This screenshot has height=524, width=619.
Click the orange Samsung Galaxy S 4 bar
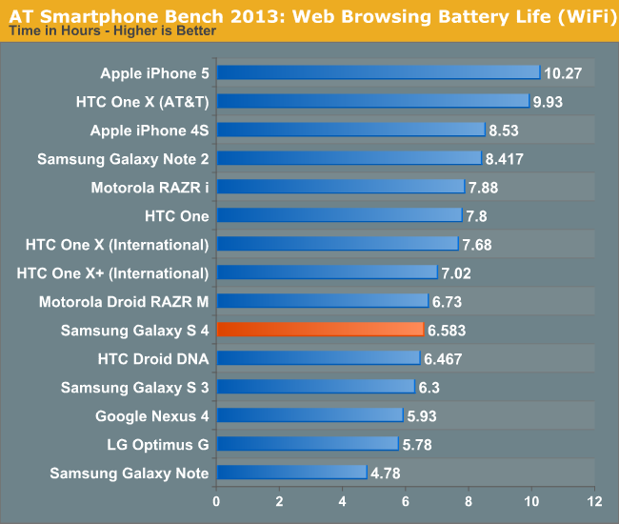coord(320,330)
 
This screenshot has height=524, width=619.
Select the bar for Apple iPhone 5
coord(379,72)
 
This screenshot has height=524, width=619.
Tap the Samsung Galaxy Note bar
coord(291,473)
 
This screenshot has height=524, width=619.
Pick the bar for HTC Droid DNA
coord(318,358)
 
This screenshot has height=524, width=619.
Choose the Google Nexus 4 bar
coord(309,415)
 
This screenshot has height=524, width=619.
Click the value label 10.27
coord(562,73)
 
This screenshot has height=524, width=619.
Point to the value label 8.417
coord(504,159)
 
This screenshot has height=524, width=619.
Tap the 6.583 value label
coord(447,331)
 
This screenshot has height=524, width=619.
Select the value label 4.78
coord(387,474)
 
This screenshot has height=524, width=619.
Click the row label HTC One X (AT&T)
coord(143,101)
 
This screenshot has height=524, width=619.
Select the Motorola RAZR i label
coord(150,187)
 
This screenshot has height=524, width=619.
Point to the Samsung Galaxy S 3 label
coord(134,387)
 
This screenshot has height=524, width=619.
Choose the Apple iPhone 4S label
coord(150,130)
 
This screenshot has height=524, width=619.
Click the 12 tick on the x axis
coord(594,501)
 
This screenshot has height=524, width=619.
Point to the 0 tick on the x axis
coord(217,501)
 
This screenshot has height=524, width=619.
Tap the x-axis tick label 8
coord(469,501)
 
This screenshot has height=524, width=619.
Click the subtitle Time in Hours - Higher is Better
coord(111,30)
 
